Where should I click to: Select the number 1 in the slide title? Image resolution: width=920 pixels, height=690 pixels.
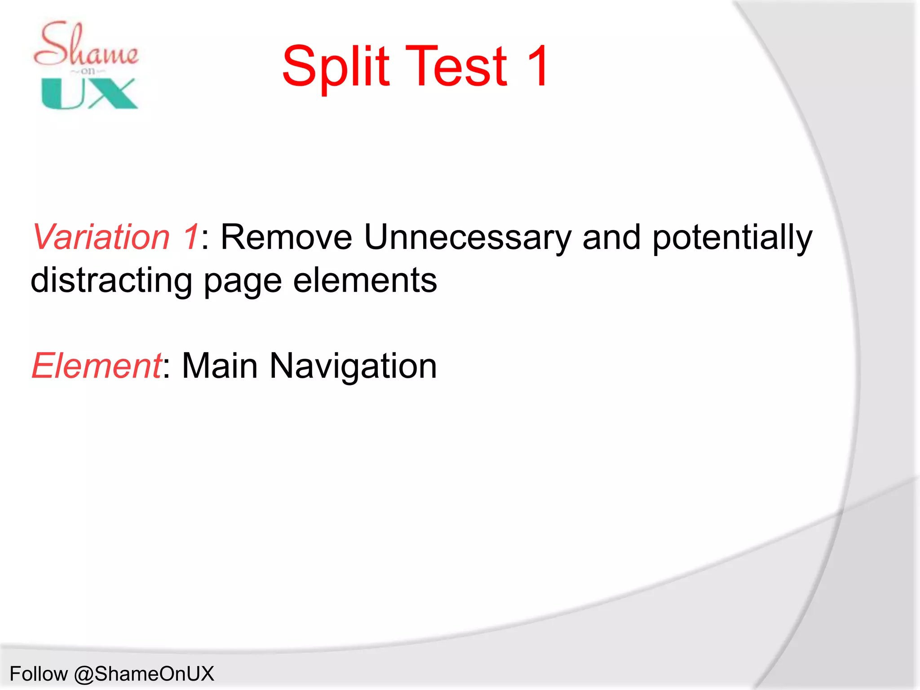click(x=537, y=66)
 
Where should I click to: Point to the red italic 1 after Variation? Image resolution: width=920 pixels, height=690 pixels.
click(x=190, y=237)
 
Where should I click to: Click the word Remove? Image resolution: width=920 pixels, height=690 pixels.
click(x=286, y=237)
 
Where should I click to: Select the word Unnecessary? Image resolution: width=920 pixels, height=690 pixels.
click(x=467, y=237)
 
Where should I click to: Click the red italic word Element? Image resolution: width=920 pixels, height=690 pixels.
click(x=96, y=366)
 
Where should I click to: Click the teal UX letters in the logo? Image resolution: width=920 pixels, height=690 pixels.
click(x=89, y=93)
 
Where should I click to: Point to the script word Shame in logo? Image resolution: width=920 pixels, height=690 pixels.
click(x=85, y=45)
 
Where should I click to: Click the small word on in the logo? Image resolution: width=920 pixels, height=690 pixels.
click(x=88, y=71)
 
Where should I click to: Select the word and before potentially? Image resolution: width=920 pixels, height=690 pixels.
click(x=611, y=237)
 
